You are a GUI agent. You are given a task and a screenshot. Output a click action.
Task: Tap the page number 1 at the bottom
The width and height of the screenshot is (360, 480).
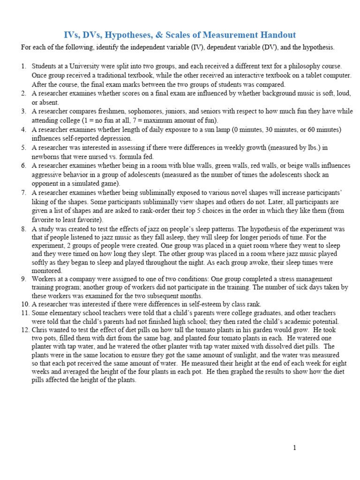pos(294,448)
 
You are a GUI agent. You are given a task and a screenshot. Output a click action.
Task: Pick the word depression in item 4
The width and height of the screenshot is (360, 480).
pos(118,138)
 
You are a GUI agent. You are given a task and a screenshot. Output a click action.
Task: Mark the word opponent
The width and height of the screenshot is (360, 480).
pos(46,183)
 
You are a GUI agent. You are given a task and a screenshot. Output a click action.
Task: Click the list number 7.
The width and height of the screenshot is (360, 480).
pos(24,193)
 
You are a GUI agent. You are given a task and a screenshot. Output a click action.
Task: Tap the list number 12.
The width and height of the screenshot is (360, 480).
pos(25,330)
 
